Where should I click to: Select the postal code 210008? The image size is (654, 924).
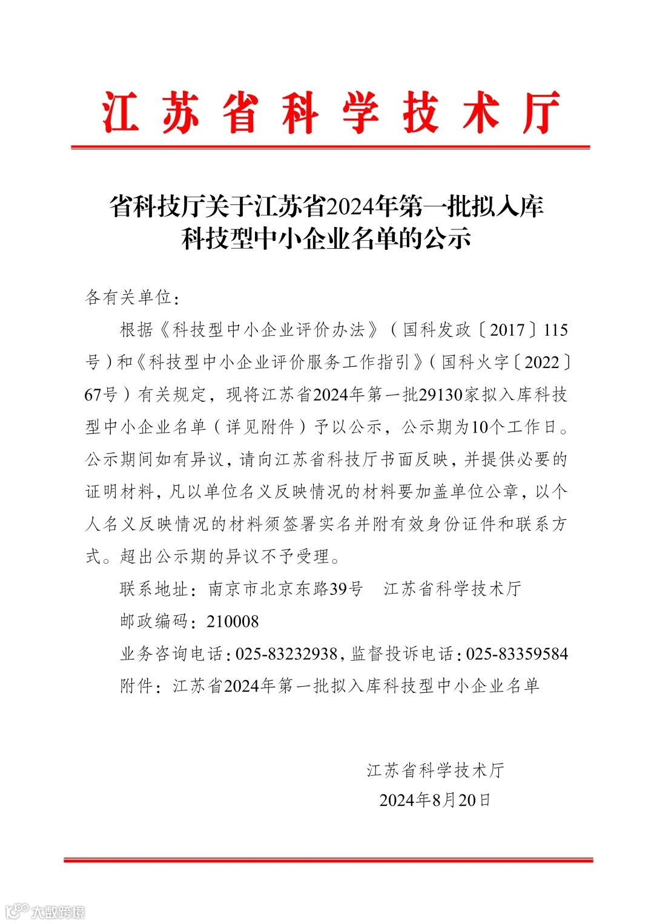(233, 621)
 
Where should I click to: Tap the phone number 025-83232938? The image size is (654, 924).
(286, 654)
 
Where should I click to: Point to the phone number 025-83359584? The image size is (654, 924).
(517, 654)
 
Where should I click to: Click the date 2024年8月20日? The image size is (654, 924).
(435, 800)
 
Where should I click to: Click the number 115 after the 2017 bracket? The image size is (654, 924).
(555, 330)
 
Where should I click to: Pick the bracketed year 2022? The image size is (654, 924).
(542, 362)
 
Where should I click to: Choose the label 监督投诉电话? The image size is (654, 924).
(402, 654)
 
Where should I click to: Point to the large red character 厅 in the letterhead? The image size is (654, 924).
(541, 113)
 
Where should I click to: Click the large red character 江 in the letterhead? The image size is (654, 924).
(121, 113)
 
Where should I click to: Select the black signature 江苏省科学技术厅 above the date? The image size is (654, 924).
(435, 770)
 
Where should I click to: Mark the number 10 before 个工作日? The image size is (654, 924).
(479, 427)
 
